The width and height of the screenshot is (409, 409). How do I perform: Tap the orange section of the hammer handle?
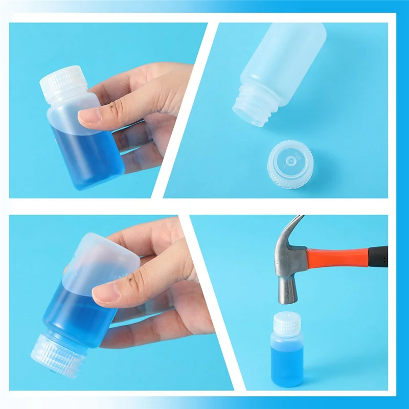point(337,257)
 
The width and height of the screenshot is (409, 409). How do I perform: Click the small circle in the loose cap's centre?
point(290,160)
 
